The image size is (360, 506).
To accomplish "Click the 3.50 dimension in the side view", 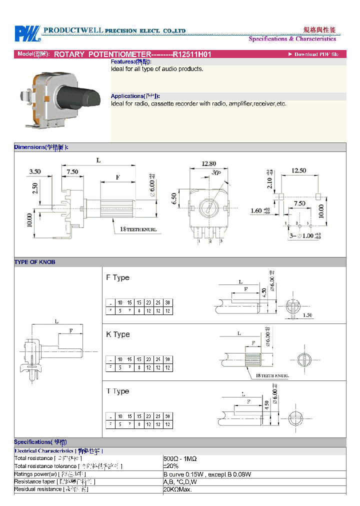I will [35, 171].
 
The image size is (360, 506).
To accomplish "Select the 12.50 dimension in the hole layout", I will [298, 170].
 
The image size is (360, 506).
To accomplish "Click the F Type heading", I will [117, 277].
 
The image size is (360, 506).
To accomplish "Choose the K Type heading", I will [117, 334].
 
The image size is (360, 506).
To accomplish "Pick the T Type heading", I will [117, 391].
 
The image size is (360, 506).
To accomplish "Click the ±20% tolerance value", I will [171, 466].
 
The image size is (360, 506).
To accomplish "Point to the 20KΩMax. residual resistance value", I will [177, 489].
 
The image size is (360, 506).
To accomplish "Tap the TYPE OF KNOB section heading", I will [35, 262].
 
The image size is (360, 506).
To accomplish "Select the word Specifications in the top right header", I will [268, 39].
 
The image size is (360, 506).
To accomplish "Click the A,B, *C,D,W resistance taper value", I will [179, 481].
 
